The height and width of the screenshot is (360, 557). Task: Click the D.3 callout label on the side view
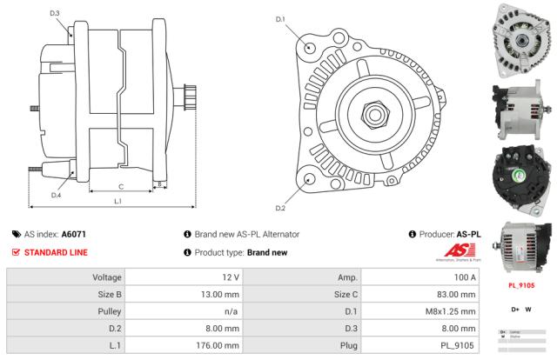pos(55,14)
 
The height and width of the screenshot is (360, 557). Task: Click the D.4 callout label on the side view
pos(56,195)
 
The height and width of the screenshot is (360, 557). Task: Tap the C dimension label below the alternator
pos(120,186)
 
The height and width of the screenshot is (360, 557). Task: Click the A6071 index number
pos(74,235)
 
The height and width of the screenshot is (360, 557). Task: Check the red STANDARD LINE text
pos(56,252)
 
